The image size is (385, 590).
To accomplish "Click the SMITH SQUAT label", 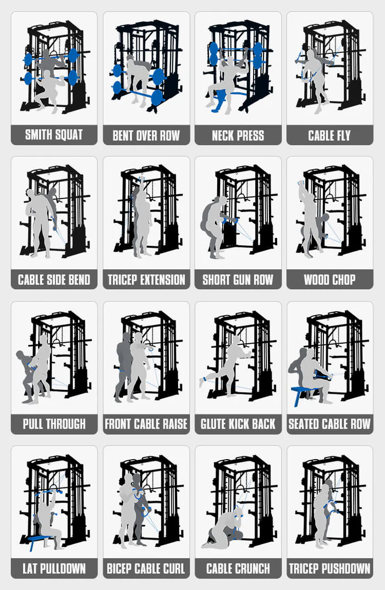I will (54, 135).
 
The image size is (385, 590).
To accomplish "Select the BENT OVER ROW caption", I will (146, 135).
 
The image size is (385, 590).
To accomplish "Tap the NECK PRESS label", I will (238, 135).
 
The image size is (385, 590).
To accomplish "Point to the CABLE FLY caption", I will (329, 135).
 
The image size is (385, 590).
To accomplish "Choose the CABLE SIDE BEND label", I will (54, 279).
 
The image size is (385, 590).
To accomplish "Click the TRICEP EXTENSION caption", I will (146, 279).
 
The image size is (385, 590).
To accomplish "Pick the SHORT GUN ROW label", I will (238, 279).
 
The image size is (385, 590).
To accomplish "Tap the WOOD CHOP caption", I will (329, 279).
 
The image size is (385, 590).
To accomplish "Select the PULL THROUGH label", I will (54, 424).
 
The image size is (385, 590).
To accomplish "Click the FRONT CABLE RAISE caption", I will (146, 424).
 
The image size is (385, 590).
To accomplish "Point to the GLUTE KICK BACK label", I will (238, 424).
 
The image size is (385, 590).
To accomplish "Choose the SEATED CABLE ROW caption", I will (329, 424).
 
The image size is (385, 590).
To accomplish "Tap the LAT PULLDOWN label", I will (54, 569).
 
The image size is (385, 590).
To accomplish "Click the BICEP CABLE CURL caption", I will (146, 569).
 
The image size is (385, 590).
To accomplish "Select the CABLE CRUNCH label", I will (238, 569).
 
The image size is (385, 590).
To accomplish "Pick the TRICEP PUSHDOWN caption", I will (329, 569).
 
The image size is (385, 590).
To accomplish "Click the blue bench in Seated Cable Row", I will (304, 392).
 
